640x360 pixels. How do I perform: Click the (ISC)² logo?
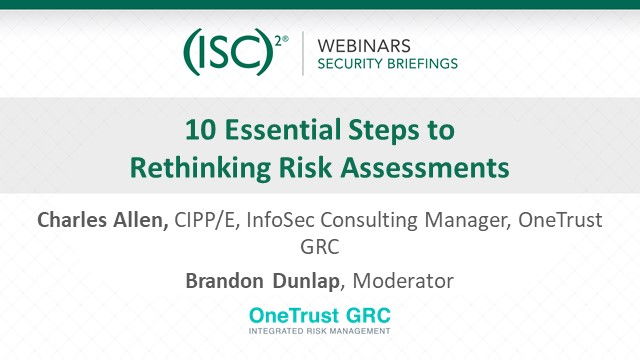click(x=236, y=52)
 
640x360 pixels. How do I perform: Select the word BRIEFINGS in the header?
click(x=420, y=63)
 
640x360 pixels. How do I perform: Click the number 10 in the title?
click(x=198, y=130)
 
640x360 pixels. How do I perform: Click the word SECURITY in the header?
click(x=351, y=63)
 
